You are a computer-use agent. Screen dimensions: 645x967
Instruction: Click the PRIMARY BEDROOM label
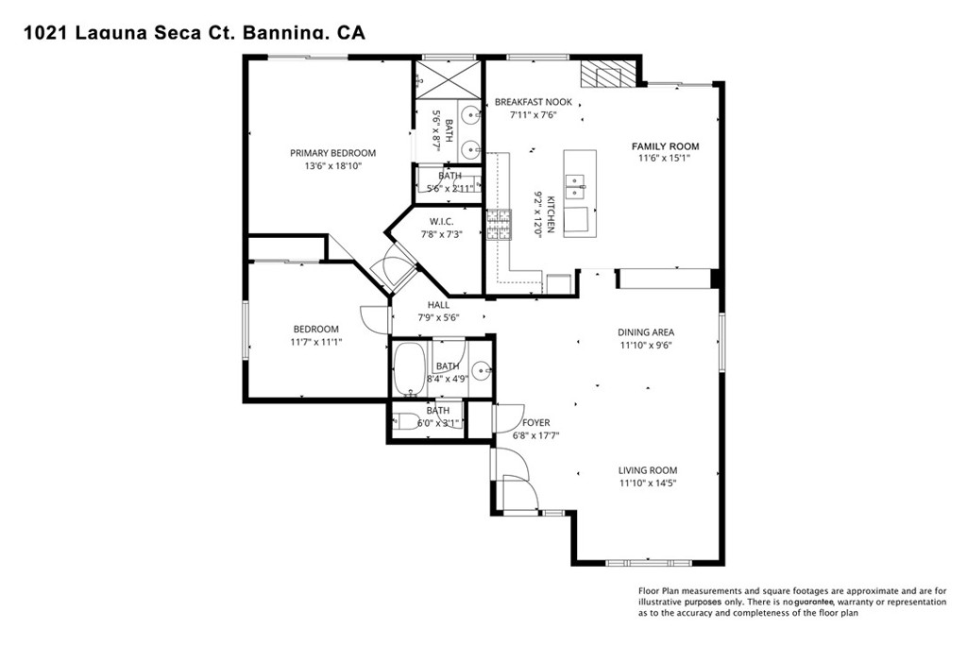(x=332, y=153)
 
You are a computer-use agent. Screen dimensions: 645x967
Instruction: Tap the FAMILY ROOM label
(x=665, y=146)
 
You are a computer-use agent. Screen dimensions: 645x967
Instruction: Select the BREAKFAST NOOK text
(x=533, y=102)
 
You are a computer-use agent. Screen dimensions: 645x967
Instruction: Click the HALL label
(x=438, y=305)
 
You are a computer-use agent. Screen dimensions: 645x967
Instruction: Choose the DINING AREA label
(x=647, y=332)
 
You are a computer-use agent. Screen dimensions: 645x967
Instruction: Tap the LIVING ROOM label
(x=647, y=470)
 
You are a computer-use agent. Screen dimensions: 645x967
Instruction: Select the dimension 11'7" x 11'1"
(x=316, y=342)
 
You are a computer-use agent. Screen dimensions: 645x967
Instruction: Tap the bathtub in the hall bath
(x=410, y=369)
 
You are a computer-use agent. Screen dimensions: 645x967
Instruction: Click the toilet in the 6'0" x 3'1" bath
(x=403, y=422)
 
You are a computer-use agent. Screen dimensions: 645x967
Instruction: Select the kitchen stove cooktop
(x=497, y=227)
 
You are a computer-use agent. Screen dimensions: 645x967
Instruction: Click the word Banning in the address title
(x=280, y=33)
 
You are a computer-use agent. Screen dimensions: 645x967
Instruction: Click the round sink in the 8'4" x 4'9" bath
(x=480, y=369)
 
